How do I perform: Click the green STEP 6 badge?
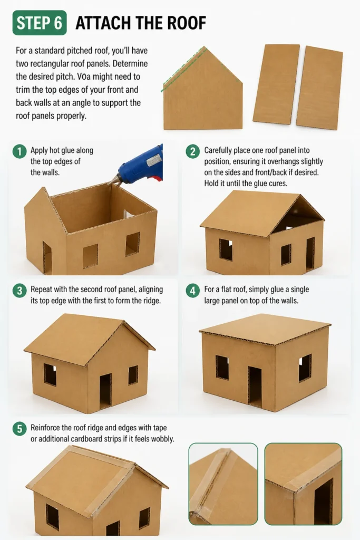40,23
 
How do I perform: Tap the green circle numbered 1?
20,151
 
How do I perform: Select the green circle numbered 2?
193,151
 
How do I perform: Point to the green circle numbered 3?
20,291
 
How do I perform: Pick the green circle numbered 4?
193,291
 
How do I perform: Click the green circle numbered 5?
20,429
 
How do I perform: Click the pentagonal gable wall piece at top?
203,91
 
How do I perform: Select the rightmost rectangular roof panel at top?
319,88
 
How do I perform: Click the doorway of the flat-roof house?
255,387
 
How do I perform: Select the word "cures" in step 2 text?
277,183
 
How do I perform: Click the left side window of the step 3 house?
50,375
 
